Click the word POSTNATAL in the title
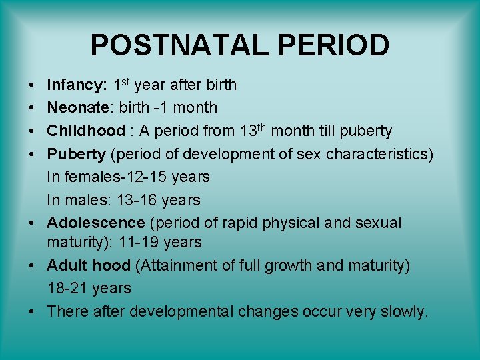tap(172, 45)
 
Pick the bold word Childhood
tap(85, 131)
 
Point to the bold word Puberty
tap(76, 154)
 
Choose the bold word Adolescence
tap(95, 223)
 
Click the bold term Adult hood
tap(88, 266)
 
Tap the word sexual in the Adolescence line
tap(377, 223)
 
